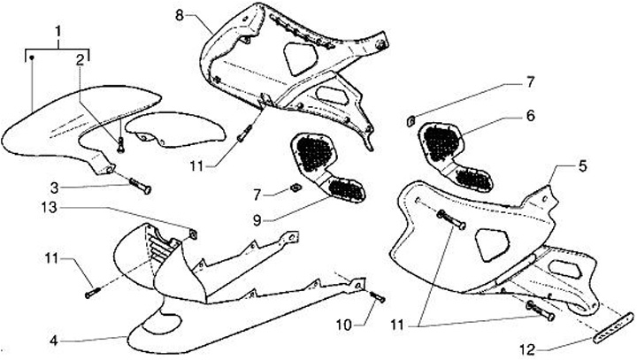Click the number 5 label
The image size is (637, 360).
click(557, 165)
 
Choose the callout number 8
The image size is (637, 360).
click(180, 15)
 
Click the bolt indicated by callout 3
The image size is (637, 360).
click(140, 188)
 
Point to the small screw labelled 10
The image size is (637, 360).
click(376, 297)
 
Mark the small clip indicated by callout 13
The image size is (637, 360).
click(189, 234)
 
